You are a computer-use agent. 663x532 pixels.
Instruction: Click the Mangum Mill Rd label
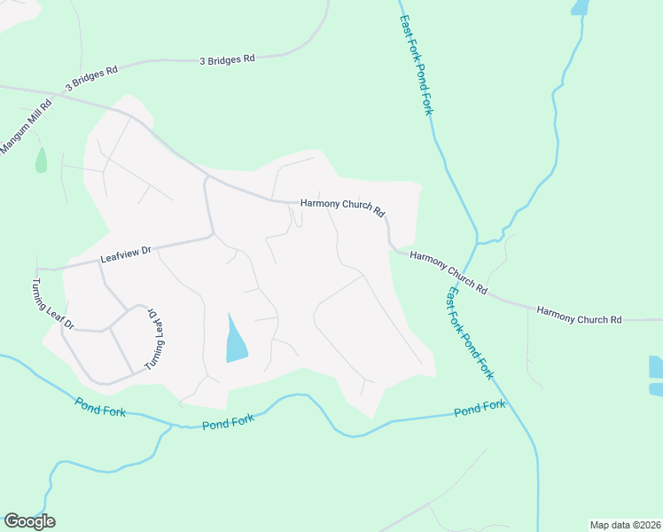pyautogui.click(x=27, y=128)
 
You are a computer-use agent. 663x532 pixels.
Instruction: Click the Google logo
pyautogui.click(x=29, y=521)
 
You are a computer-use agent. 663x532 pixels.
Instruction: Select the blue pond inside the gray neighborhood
pyautogui.click(x=236, y=340)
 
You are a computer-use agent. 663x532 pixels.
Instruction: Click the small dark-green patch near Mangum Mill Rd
pyautogui.click(x=41, y=160)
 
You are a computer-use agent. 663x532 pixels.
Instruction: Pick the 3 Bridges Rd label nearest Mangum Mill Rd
pyautogui.click(x=91, y=80)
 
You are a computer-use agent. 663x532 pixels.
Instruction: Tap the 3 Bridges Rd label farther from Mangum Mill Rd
pyautogui.click(x=227, y=59)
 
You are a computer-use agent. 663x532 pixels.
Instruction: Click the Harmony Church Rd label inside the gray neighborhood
pyautogui.click(x=342, y=207)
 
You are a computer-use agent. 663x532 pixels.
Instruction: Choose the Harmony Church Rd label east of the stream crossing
pyautogui.click(x=580, y=316)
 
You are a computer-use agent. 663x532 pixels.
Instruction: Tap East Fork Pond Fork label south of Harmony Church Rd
pyautogui.click(x=470, y=332)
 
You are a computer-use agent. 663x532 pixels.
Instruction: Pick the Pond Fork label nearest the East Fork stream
pyautogui.click(x=480, y=409)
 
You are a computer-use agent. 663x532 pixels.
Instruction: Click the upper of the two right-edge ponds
pyautogui.click(x=656, y=365)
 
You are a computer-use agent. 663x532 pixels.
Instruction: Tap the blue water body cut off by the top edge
pyautogui.click(x=581, y=7)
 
